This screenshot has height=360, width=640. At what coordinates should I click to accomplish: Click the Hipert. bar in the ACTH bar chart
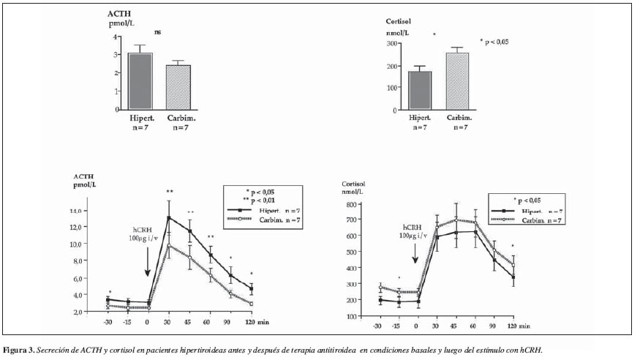[x=140, y=81]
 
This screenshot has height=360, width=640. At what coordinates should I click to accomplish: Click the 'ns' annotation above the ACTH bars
[x=157, y=32]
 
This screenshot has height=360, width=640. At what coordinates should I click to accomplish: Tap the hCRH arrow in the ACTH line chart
[x=148, y=261]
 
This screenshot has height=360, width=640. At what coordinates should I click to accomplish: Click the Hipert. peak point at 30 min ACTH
[x=169, y=217]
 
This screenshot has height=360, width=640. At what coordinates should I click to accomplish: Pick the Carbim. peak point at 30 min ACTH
[x=169, y=245]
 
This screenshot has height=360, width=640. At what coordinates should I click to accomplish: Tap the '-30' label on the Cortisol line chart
[x=378, y=325]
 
